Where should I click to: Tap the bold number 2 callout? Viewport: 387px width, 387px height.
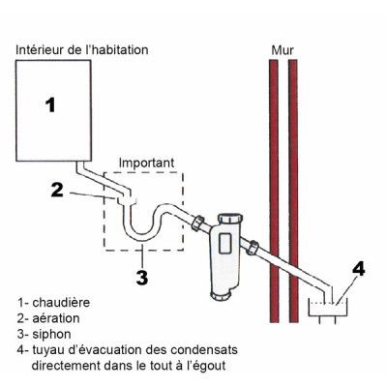point(57,190)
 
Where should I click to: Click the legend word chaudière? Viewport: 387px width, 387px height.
point(63,300)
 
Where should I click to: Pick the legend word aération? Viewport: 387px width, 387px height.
point(58,316)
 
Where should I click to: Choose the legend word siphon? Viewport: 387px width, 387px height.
point(54,333)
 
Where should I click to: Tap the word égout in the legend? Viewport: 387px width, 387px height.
point(224,366)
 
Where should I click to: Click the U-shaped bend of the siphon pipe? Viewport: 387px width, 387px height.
point(139,233)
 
